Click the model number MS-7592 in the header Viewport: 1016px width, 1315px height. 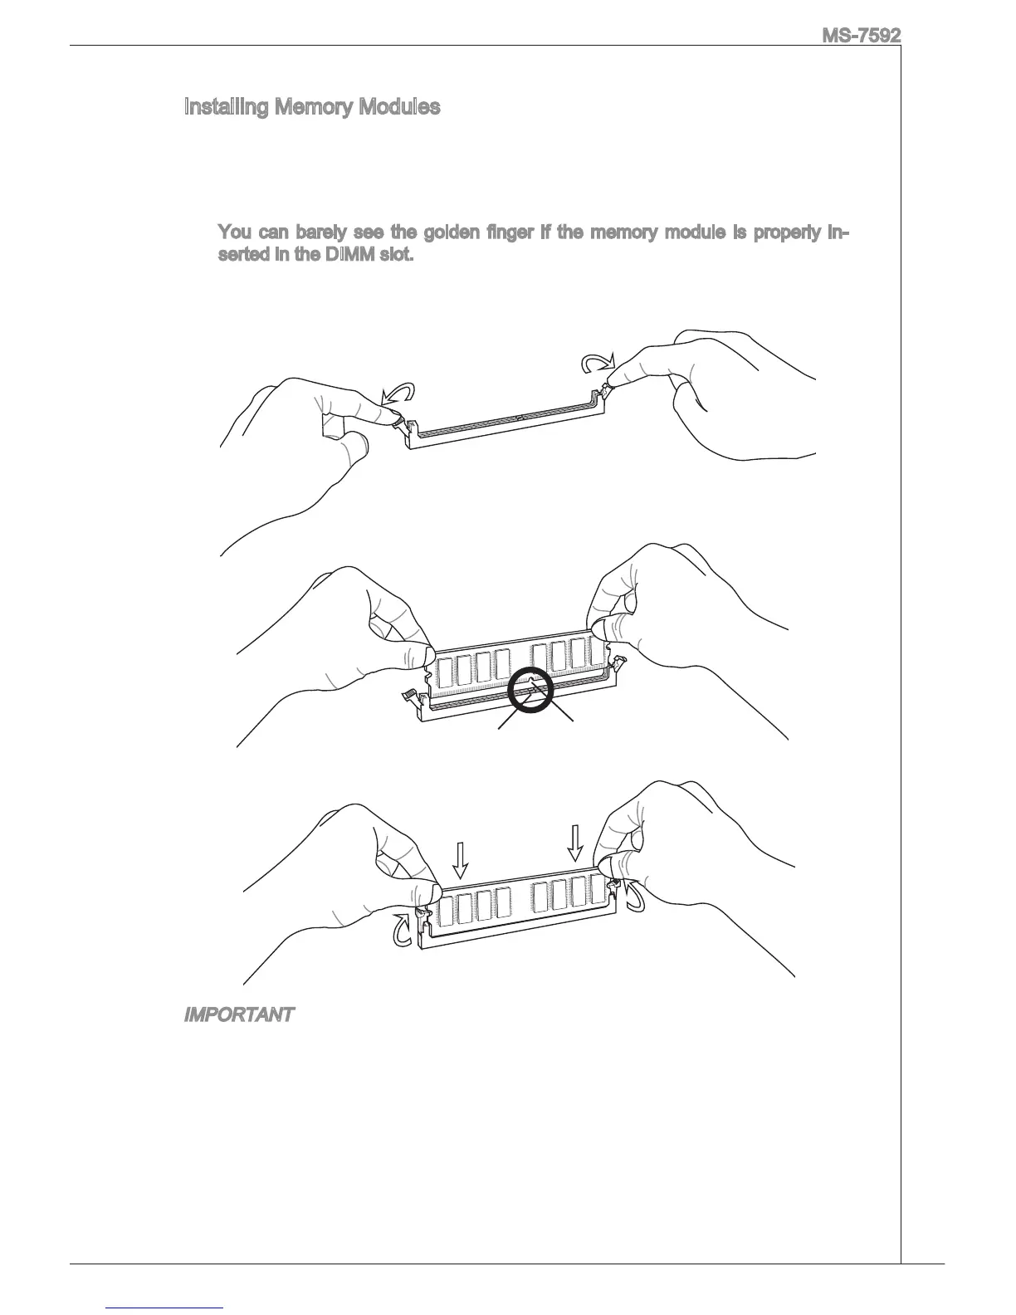point(861,36)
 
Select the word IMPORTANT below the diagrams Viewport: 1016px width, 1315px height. point(237,1014)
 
